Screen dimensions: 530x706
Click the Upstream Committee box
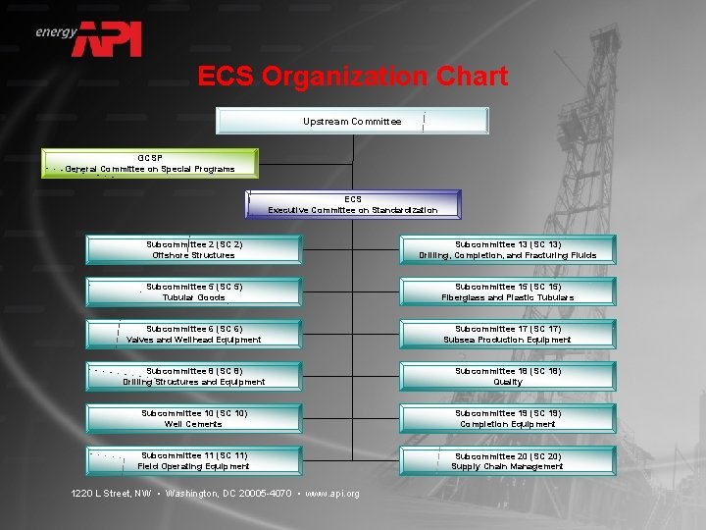pyautogui.click(x=352, y=121)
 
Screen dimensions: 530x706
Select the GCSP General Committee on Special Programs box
pyautogui.click(x=150, y=163)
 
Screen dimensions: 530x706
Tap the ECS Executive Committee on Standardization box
pyautogui.click(x=353, y=204)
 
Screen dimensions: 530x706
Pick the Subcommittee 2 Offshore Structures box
pyautogui.click(x=194, y=249)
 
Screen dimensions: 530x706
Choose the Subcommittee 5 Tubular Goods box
pyautogui.click(x=194, y=291)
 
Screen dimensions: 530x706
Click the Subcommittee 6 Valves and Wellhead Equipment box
pyautogui.click(x=194, y=334)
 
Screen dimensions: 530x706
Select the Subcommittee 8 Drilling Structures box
pyautogui.click(x=194, y=376)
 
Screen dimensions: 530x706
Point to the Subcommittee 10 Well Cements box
pyautogui.click(x=194, y=418)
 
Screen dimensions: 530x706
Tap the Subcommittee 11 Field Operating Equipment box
pyautogui.click(x=194, y=460)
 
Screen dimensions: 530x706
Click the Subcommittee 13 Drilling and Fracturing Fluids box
pyautogui.click(x=508, y=249)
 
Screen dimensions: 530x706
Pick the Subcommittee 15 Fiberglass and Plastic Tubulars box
pyautogui.click(x=508, y=291)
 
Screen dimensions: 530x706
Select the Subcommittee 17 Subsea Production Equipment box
pyautogui.click(x=508, y=334)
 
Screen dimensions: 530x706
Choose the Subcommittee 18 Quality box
pyautogui.click(x=508, y=376)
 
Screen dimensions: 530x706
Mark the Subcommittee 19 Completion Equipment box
pyautogui.click(x=508, y=418)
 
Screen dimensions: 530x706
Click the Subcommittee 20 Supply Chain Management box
pyautogui.click(x=508, y=460)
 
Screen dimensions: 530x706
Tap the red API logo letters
pyautogui.click(x=112, y=38)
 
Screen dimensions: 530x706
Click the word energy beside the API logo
pyautogui.click(x=56, y=32)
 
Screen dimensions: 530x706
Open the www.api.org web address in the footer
pyautogui.click(x=333, y=493)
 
